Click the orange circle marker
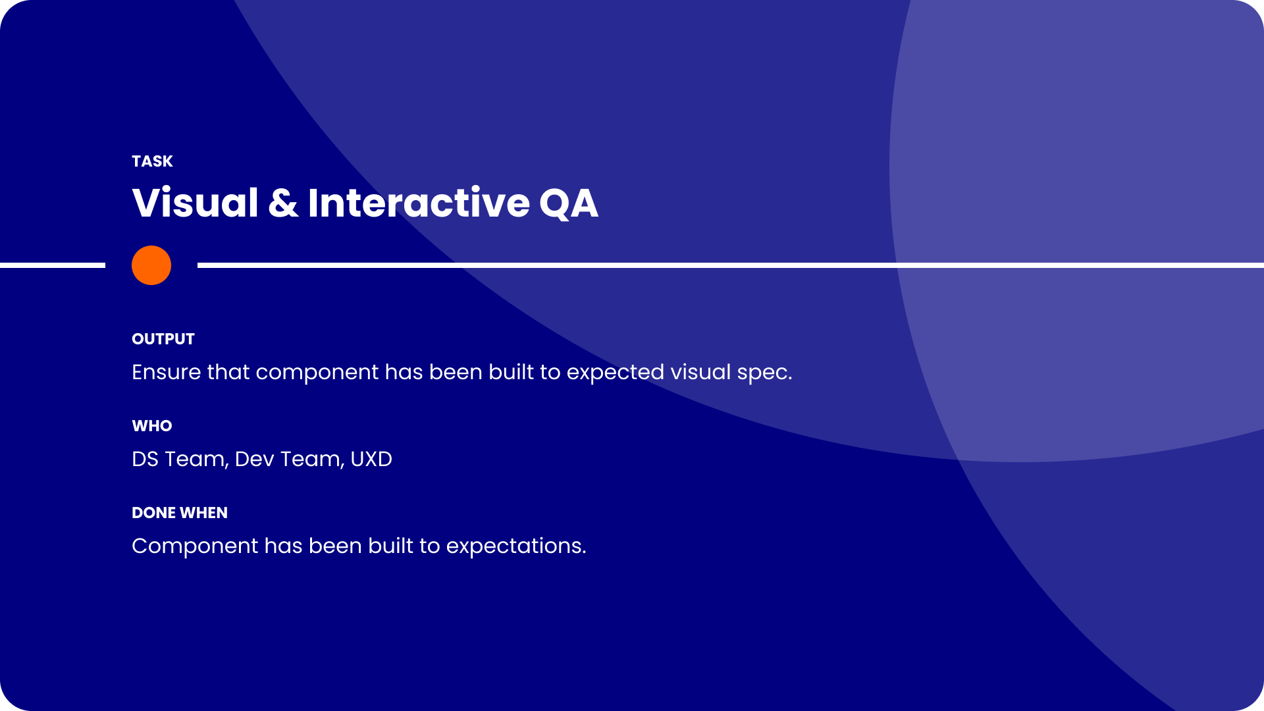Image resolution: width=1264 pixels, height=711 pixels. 151,265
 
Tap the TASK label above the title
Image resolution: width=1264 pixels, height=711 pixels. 152,161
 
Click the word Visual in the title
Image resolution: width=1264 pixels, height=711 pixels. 196,202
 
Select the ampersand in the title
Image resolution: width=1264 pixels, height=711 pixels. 283,203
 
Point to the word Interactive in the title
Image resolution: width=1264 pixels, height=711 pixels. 419,202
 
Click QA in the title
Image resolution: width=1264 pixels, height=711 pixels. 569,203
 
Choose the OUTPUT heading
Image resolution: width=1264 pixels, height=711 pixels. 163,339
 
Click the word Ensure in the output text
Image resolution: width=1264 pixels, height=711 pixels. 167,372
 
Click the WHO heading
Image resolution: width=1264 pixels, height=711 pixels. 152,426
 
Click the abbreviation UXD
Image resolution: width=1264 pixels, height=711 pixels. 371,459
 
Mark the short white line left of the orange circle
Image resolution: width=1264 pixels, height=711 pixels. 53,265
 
